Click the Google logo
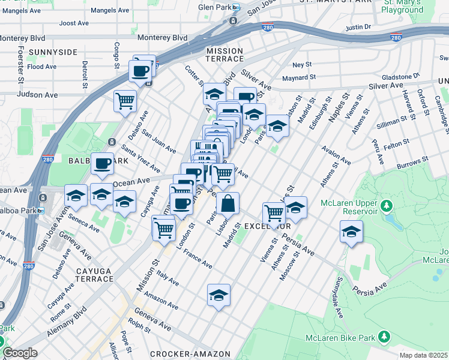pos(20,353)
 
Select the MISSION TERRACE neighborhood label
pos(225,55)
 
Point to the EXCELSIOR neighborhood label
pos(268,226)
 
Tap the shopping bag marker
pos(228,204)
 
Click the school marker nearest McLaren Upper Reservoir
pos(351,232)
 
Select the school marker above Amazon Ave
pos(218,295)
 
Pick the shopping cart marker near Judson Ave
pos(125,101)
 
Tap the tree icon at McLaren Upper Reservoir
pos(387,207)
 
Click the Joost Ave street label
pos(74,23)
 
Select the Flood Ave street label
pos(42,66)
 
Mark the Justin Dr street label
pos(359,27)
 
